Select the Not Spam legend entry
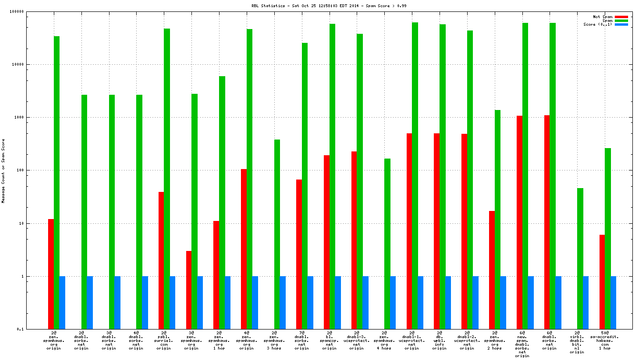point(602,17)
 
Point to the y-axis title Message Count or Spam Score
point(3,171)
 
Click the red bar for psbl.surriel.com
point(161,260)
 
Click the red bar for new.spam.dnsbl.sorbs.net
point(520,222)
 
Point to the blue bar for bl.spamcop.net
point(338,302)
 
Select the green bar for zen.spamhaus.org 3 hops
point(277,234)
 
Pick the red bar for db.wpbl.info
point(437,231)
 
